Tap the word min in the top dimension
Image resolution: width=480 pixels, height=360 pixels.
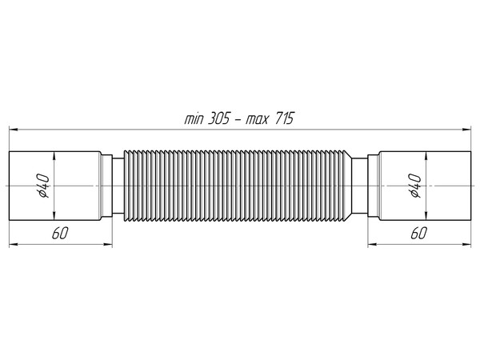pyautogui.click(x=194, y=118)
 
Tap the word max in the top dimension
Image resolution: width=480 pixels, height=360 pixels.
pyautogui.click(x=258, y=118)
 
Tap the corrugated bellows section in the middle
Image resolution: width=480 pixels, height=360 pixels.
pyautogui.click(x=240, y=186)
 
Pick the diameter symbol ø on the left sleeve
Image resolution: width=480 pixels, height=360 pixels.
pyautogui.click(x=46, y=194)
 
